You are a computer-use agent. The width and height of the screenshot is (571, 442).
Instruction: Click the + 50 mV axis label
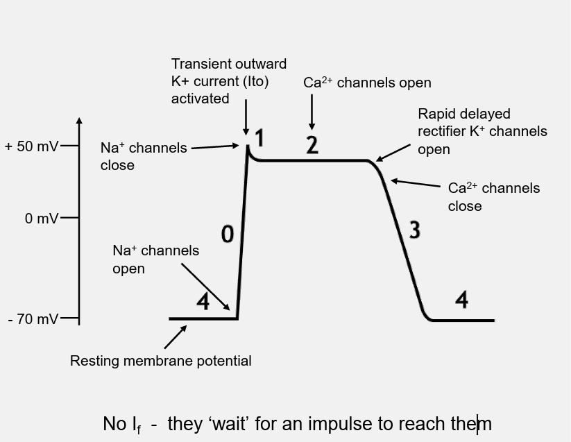click(32, 146)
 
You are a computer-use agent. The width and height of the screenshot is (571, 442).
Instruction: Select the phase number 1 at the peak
click(259, 139)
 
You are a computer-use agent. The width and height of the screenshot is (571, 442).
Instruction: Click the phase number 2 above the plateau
click(312, 146)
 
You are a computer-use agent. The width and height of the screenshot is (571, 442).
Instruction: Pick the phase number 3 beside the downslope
click(414, 230)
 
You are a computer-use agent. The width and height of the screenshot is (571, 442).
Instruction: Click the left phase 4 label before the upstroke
click(203, 302)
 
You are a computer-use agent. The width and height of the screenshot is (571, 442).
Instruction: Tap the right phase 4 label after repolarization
click(461, 300)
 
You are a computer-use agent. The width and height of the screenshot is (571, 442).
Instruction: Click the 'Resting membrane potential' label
click(160, 361)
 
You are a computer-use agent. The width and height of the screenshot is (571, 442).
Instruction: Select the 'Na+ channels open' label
click(155, 259)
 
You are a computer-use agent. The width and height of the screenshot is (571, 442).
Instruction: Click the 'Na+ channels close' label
click(144, 156)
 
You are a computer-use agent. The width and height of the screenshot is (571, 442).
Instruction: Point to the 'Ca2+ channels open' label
click(367, 83)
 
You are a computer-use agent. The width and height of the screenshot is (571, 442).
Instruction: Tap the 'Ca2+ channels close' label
click(493, 197)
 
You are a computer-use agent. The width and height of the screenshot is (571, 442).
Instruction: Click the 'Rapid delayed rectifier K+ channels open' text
click(481, 131)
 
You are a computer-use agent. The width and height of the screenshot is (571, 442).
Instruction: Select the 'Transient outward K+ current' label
click(228, 81)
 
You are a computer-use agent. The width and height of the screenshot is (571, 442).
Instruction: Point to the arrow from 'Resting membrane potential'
click(176, 337)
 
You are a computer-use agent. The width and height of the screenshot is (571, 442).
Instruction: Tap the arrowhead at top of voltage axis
click(79, 121)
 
